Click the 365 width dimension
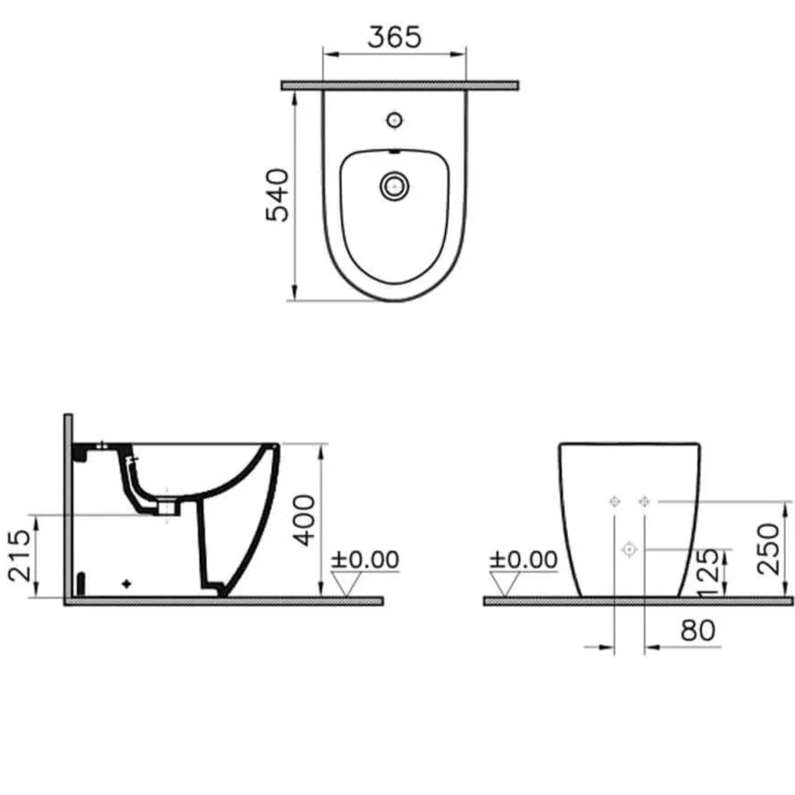tap(395, 37)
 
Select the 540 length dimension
tap(277, 194)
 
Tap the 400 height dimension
tap(308, 519)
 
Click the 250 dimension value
tap(769, 548)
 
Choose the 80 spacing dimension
tap(698, 630)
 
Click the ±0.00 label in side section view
tap(364, 559)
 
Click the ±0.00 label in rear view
tap(524, 559)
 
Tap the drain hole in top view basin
tap(394, 187)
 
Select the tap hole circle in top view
tap(393, 119)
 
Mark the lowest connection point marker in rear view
tap(629, 549)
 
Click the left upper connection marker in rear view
tap(614, 501)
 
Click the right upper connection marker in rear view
tap(644, 501)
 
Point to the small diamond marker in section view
tap(128, 583)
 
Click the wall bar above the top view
tap(399, 85)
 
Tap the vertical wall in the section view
tap(68, 506)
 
